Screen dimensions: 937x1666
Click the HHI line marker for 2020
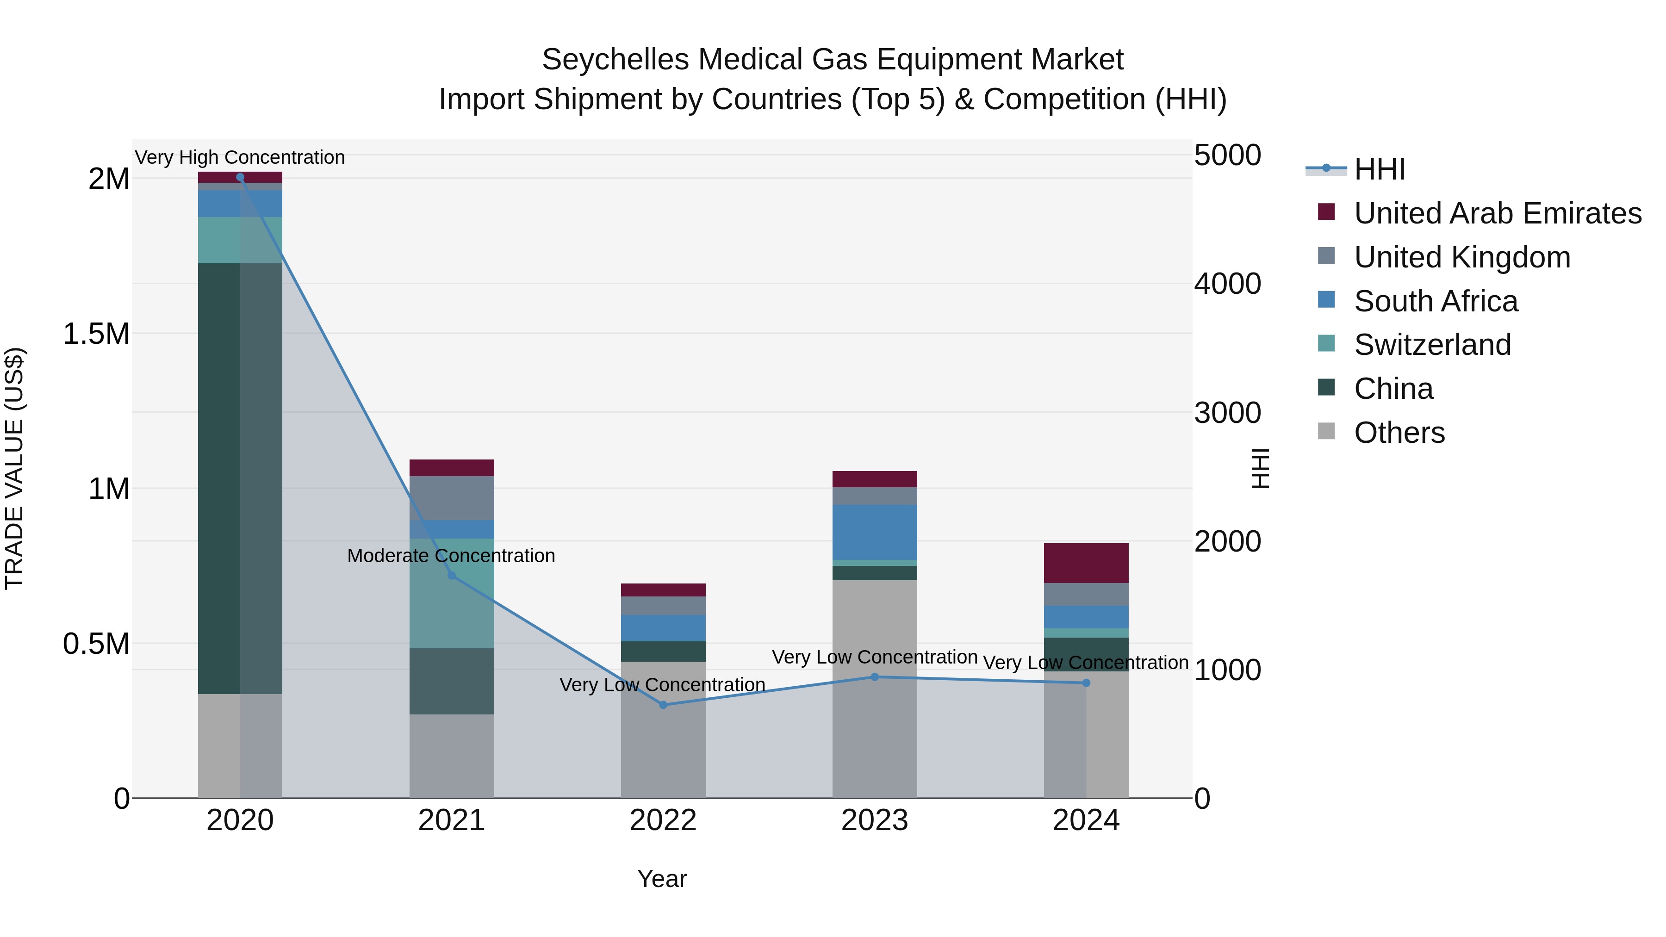[x=240, y=177]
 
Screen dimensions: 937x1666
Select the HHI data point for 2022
[x=663, y=705]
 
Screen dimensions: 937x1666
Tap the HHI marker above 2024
[x=1086, y=683]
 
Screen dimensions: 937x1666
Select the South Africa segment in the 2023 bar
[x=874, y=532]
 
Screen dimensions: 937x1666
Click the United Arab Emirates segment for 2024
[x=1086, y=563]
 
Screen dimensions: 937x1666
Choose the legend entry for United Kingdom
[x=1461, y=257]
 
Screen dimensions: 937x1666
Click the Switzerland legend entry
[x=1432, y=345]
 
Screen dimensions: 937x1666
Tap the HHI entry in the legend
[x=1379, y=169]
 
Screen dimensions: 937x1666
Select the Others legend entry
[x=1399, y=433]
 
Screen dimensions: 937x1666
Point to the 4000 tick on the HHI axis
[x=1227, y=284]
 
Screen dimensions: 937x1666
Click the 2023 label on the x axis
[x=874, y=820]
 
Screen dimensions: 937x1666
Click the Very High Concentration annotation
[x=240, y=158]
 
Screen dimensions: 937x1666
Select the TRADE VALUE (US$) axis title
[x=14, y=468]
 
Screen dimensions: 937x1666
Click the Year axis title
[x=662, y=879]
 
